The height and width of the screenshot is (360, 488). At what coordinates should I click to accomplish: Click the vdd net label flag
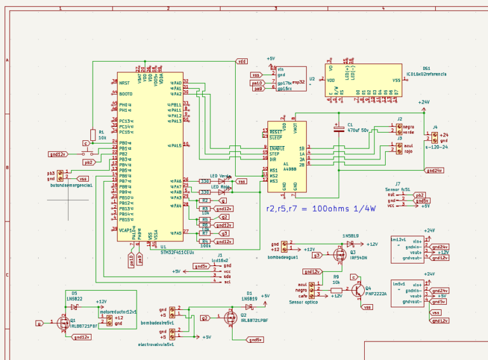241,62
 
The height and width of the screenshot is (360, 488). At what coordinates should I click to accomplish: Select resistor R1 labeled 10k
93,133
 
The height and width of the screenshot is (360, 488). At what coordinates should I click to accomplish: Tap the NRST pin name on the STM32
125,83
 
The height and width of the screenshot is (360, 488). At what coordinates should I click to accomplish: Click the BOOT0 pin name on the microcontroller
126,94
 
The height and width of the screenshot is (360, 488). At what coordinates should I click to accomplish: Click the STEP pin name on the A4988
274,154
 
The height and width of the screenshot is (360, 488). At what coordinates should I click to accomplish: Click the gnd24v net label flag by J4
435,170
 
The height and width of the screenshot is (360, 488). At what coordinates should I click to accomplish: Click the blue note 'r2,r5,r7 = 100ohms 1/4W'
320,208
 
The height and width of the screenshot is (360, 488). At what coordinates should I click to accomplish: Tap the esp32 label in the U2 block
299,81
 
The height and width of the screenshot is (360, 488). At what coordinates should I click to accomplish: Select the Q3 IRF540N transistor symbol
337,255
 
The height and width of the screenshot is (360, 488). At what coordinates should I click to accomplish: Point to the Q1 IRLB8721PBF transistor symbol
64,323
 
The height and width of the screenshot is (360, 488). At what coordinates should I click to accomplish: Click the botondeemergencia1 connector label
71,185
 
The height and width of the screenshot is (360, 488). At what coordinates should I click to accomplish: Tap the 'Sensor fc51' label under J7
398,189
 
